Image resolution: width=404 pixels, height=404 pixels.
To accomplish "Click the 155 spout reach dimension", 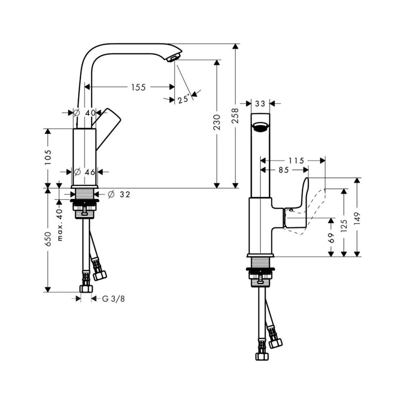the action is coord(138,87).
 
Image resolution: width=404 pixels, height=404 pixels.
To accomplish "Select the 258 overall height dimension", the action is coord(235,116).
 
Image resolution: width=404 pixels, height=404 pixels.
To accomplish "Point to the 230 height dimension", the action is coord(217,122).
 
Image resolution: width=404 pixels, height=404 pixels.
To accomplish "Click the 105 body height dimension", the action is coord(48,157).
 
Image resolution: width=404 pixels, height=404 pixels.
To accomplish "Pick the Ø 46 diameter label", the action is coord(85,172).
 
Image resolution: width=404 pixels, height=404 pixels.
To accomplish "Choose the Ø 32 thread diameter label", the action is coord(119,194).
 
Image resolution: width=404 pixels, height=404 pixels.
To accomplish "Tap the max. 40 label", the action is coord(59,225).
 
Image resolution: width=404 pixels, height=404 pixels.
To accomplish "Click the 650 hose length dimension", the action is coord(48,239).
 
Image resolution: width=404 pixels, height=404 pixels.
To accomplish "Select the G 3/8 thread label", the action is coord(114,299).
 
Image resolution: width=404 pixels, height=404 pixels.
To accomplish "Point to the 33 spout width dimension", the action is coord(260,103).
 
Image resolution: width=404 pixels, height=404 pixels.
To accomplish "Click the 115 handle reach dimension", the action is coord(296,161).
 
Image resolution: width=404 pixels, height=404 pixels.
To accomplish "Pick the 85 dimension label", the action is coord(284,170).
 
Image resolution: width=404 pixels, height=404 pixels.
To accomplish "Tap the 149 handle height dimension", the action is coord(357,219).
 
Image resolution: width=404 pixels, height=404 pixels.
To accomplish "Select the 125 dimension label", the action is coord(344,226).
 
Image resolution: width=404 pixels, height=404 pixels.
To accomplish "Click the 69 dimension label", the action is coord(331,238).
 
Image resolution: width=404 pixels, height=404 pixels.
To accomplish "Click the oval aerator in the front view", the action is coord(261,127).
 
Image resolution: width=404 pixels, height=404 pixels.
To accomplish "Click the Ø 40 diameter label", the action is coord(85,113).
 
